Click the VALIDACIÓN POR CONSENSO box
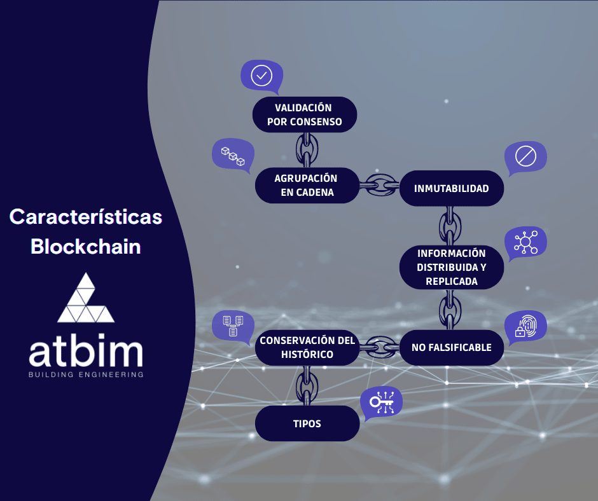[305, 114]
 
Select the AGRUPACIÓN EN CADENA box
[307, 186]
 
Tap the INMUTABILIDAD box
[452, 188]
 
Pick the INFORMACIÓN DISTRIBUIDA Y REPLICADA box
[452, 267]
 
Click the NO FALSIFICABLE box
[452, 348]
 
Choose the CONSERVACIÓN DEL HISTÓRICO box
[307, 348]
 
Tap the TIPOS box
[307, 423]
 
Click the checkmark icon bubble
[261, 76]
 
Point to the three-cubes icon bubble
[233, 155]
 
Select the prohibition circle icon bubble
[525, 156]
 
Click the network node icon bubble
[525, 242]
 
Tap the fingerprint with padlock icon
[525, 326]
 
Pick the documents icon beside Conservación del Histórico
[233, 326]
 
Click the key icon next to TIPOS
[381, 403]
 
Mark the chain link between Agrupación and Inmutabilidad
[380, 186]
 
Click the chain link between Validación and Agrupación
[308, 150]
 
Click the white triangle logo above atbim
[86, 298]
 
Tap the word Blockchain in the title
[86, 246]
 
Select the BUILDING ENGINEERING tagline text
[86, 375]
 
